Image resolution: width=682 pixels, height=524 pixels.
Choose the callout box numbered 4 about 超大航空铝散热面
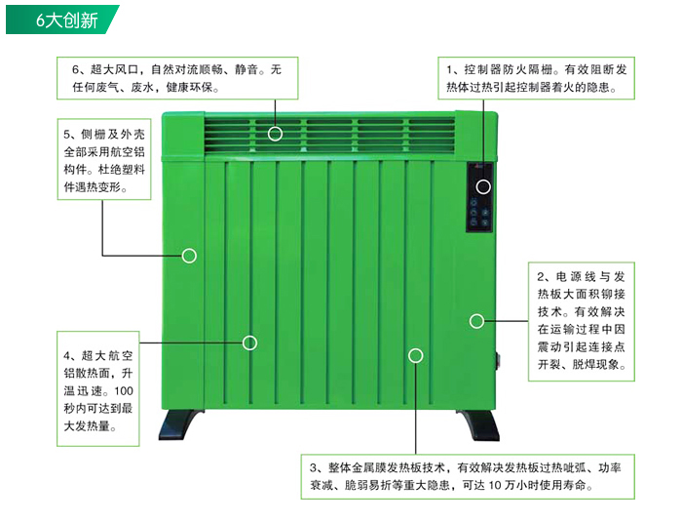(97, 383)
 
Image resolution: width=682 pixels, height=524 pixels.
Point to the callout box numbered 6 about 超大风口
(176, 78)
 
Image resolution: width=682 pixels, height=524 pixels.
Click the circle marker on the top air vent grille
(276, 134)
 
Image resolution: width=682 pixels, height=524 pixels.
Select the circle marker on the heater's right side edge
(476, 321)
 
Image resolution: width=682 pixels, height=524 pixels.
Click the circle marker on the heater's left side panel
(189, 256)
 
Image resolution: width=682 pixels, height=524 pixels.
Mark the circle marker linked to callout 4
(249, 343)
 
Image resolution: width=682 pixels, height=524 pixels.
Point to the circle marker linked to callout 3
(416, 356)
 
